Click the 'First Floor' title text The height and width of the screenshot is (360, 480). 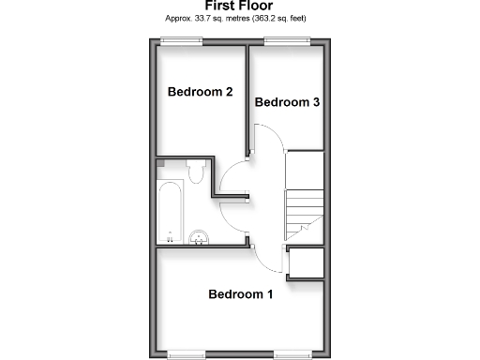point(239,6)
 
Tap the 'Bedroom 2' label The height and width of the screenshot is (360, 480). point(200,92)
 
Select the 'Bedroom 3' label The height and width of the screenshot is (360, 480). point(288,102)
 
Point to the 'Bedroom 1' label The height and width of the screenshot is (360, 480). point(240,294)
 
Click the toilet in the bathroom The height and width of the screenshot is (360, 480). point(196,172)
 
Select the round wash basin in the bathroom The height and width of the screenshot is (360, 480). point(199,236)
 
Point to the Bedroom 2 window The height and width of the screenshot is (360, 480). point(180,39)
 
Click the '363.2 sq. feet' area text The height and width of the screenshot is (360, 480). point(278,19)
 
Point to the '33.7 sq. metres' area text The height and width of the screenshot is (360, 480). point(211,19)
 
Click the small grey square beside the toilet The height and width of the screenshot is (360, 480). point(163,164)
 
